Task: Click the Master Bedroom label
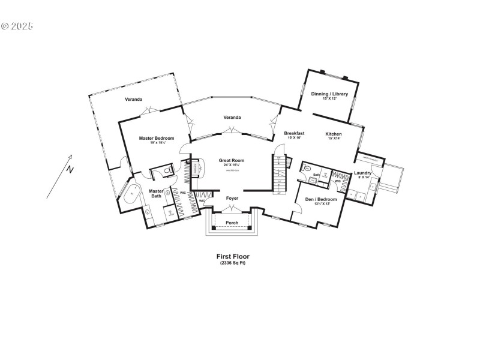(x=156, y=138)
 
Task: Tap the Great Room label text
(x=231, y=160)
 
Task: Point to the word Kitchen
(x=334, y=133)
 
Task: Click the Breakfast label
(x=294, y=133)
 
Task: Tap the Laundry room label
(x=362, y=173)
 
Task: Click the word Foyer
(x=232, y=197)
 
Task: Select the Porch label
(x=232, y=223)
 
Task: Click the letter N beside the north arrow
(x=70, y=170)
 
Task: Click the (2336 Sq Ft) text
(x=232, y=263)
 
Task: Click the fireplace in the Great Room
(x=195, y=170)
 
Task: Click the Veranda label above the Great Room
(x=232, y=117)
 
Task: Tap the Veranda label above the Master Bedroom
(x=133, y=98)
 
